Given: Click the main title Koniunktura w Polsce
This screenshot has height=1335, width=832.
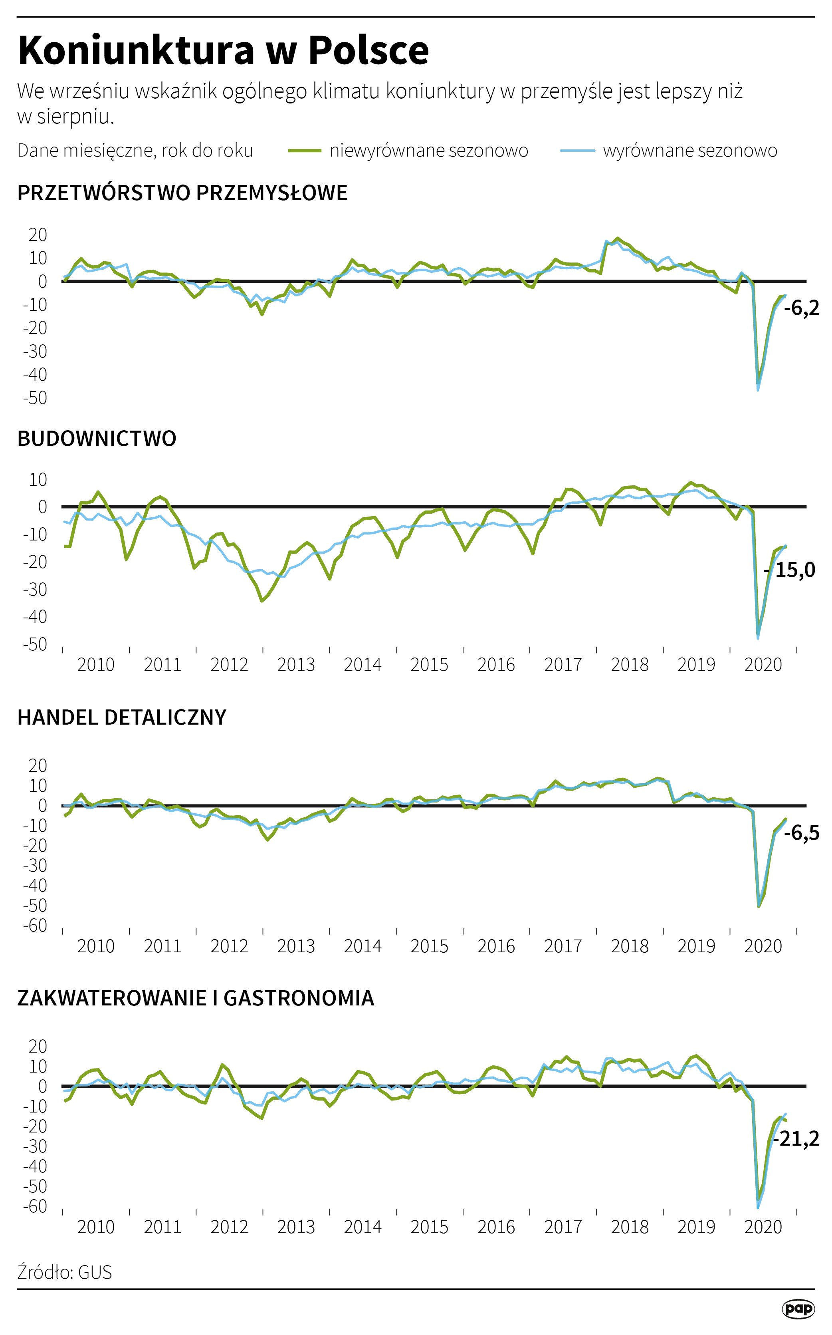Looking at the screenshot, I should point(223,51).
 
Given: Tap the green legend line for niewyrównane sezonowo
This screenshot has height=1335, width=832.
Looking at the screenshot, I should point(304,150).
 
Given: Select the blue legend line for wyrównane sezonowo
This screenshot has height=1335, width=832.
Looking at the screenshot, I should point(577,150).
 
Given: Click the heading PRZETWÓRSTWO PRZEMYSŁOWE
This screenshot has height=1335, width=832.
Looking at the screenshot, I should point(182,193).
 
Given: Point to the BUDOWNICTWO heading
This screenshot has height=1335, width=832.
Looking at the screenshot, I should point(97,439).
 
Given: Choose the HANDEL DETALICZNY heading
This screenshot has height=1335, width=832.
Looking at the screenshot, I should point(122,718).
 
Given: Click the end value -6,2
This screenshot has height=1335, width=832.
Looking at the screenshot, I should point(801,308).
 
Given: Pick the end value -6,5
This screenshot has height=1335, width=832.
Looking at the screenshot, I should point(801,833).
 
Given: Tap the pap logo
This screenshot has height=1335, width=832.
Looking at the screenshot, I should point(798,1309).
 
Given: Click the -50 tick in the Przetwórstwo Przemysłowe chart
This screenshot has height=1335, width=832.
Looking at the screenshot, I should point(35,398).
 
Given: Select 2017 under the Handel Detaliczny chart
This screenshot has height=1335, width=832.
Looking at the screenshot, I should point(563,946).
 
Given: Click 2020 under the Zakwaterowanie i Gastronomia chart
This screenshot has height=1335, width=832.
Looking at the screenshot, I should point(763,1227).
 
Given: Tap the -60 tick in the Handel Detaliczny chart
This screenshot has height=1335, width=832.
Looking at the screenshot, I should point(35,926).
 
